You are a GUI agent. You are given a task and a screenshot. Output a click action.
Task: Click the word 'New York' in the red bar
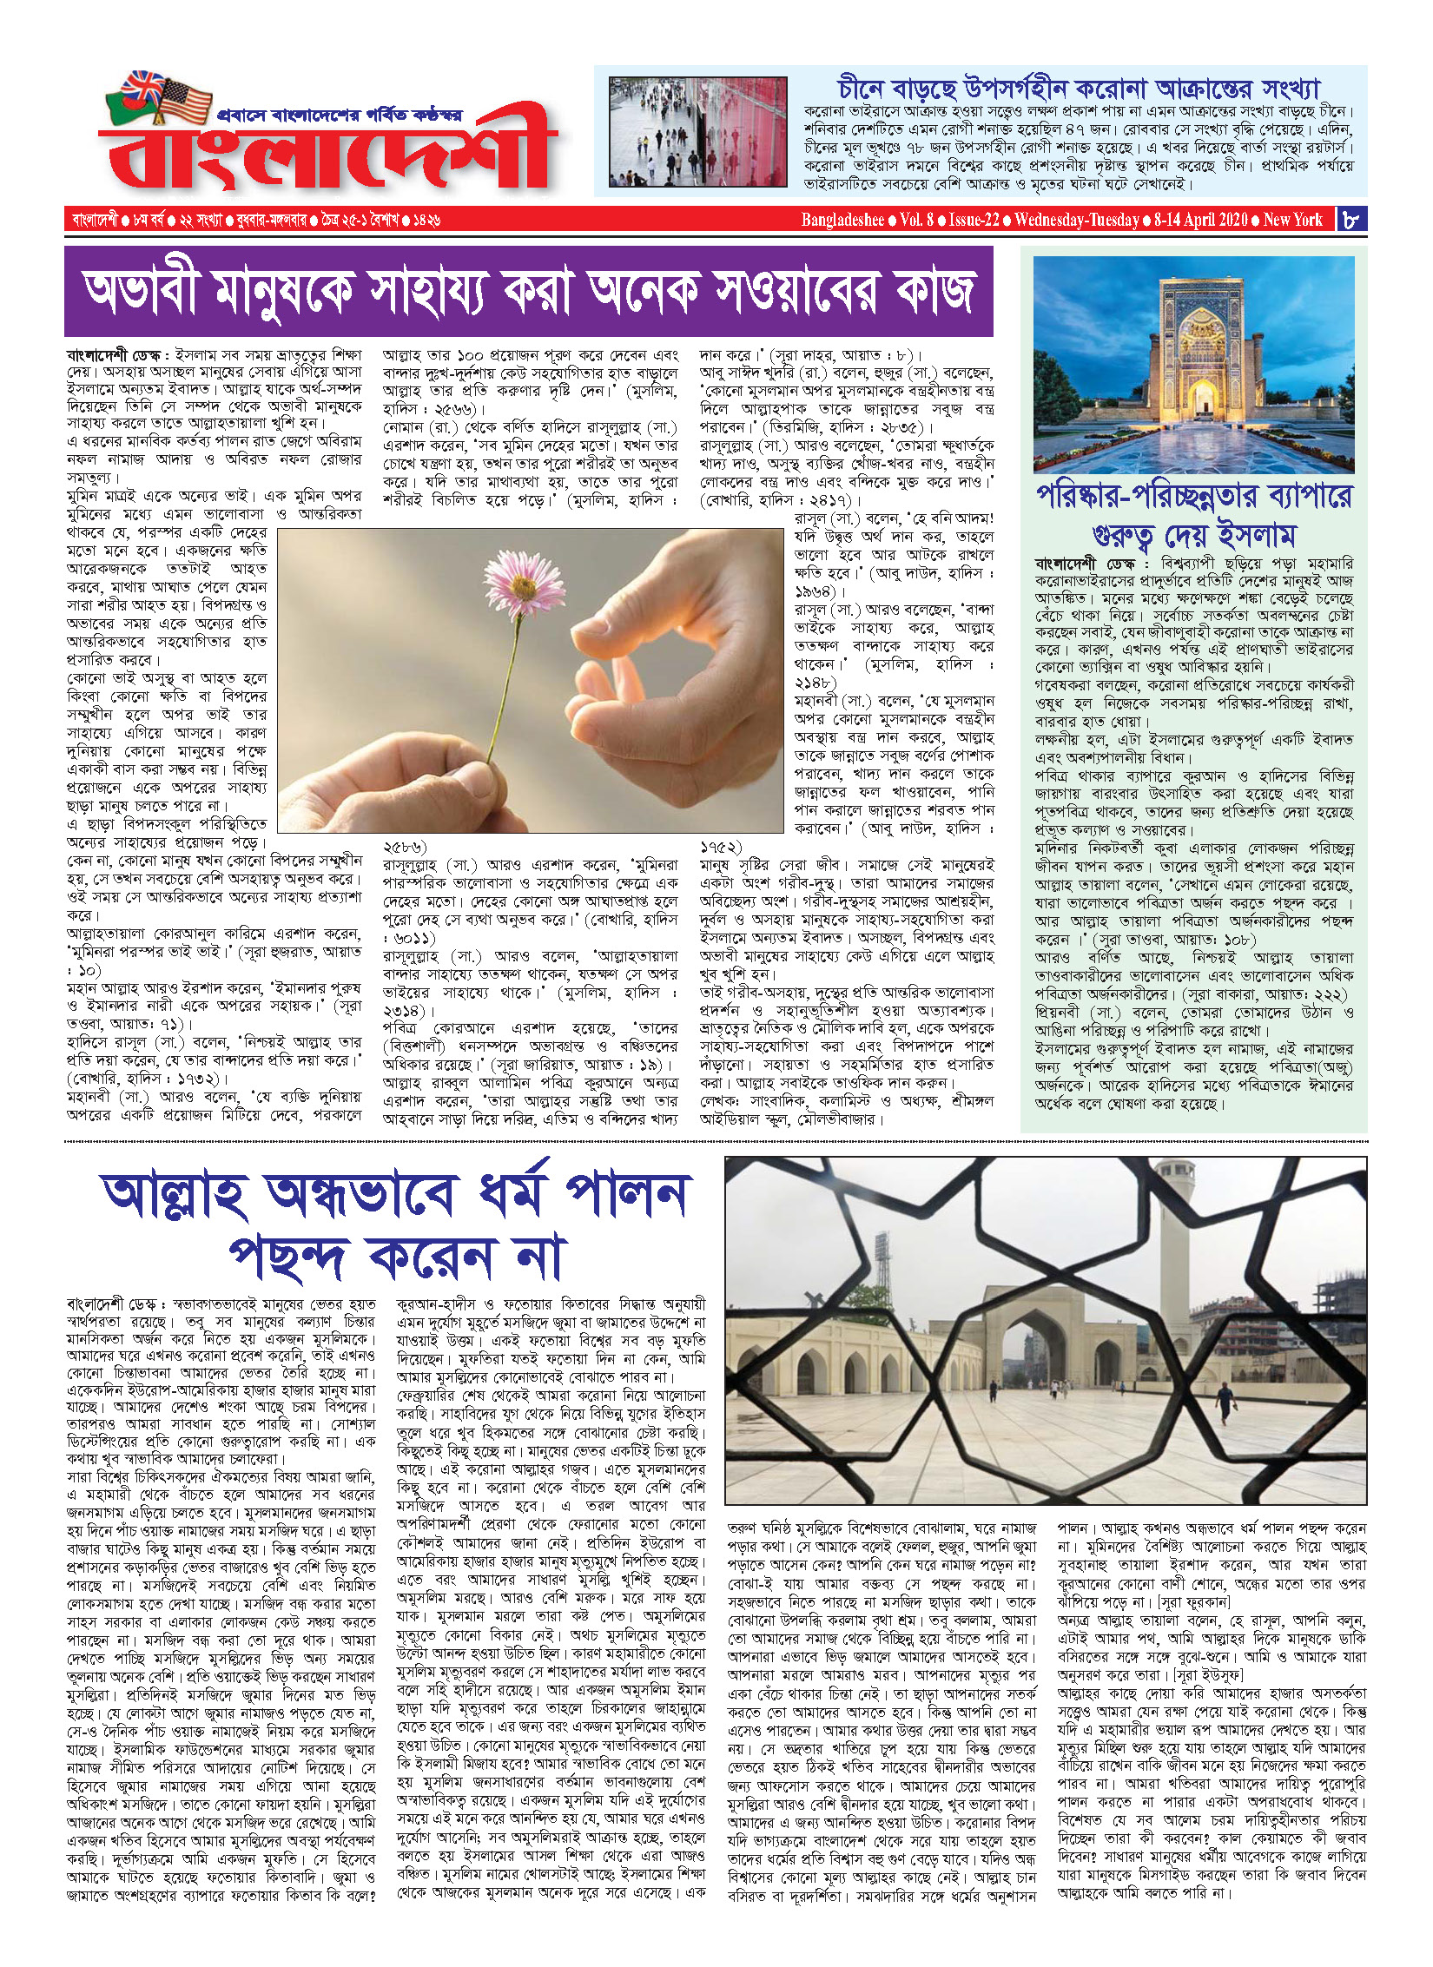1292,220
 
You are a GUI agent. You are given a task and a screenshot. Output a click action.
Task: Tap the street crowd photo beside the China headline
697,131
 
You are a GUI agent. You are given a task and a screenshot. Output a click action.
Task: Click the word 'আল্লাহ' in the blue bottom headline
177,1195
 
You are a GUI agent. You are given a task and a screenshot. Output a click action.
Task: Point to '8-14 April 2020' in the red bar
1200,220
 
